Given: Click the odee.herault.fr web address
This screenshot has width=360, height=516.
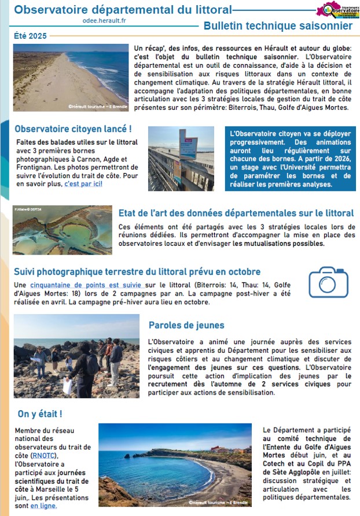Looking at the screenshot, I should [105, 20].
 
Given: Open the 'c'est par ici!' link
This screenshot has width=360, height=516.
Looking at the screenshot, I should [83, 183].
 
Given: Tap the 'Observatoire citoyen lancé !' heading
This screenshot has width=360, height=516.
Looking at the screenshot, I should [73, 128].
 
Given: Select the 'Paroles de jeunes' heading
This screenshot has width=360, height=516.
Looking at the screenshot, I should [186, 325].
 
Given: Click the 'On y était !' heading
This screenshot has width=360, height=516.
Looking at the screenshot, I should [39, 414].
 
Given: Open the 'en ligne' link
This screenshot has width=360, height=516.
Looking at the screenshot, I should [43, 505].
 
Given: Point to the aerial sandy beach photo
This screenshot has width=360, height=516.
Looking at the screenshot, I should [71, 78].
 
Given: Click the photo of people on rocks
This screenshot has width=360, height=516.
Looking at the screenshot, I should [76, 356].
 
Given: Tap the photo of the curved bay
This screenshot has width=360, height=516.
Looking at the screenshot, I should [175, 465].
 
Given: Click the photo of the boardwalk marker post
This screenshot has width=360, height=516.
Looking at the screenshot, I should [181, 159].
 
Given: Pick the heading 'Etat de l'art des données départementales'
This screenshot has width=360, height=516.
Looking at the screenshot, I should [236, 213].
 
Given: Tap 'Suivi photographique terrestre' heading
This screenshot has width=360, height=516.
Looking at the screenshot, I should [137, 271].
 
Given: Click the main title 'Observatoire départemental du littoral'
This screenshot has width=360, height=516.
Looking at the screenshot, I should [123, 10].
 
